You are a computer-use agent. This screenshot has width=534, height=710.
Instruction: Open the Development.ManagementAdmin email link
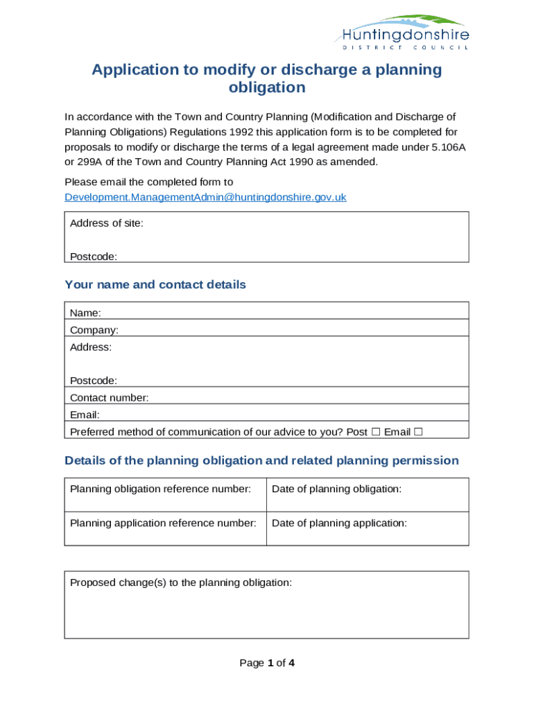[x=205, y=198]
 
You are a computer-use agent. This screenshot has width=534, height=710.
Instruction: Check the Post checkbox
[x=375, y=432]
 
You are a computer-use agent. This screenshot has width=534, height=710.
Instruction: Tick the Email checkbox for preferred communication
[x=418, y=432]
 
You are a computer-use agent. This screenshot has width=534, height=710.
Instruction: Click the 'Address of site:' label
[x=107, y=223]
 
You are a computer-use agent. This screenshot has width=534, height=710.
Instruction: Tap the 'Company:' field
[x=266, y=329]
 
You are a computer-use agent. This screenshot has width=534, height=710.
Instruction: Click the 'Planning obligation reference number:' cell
[x=165, y=494]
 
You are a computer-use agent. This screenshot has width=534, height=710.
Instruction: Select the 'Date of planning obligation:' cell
[x=368, y=494]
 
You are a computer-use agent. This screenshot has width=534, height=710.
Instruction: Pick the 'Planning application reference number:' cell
[x=165, y=528]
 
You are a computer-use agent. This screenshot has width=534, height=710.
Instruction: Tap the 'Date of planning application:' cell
[x=368, y=528]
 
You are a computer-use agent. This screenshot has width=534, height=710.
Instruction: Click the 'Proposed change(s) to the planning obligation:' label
[x=181, y=582]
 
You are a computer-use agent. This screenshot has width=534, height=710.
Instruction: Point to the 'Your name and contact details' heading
[x=155, y=285]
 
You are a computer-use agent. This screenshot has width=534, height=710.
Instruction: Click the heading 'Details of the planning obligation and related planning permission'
[x=261, y=460]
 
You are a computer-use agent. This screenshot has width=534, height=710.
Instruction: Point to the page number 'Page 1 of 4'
[x=267, y=663]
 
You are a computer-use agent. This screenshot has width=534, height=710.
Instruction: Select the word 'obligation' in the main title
[x=267, y=87]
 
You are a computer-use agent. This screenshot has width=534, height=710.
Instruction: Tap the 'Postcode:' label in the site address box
[x=94, y=257]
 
